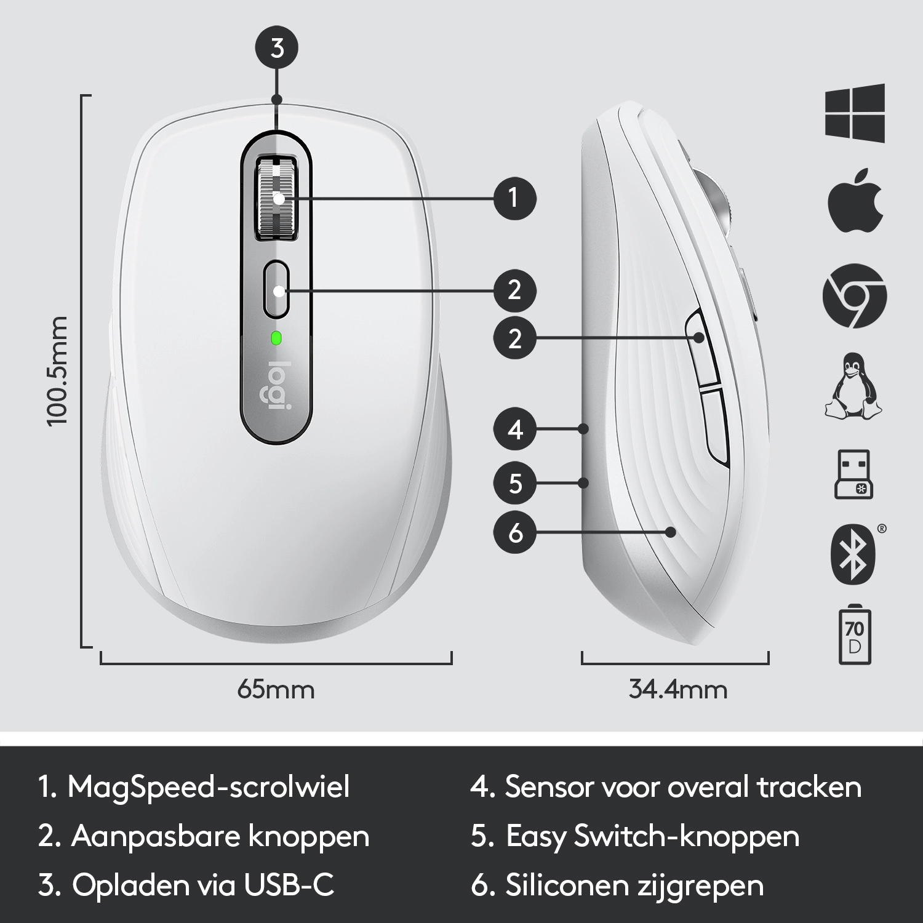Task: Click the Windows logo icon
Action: pyautogui.click(x=855, y=113)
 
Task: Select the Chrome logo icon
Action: pyautogui.click(x=855, y=296)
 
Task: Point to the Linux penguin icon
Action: pyautogui.click(x=854, y=386)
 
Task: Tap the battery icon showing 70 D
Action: pyautogui.click(x=855, y=634)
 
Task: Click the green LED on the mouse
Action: pyautogui.click(x=276, y=338)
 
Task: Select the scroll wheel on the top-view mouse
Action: pyautogui.click(x=276, y=198)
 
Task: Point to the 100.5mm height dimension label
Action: pyautogui.click(x=57, y=371)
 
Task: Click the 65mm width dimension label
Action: pyautogui.click(x=276, y=689)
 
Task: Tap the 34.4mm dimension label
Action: pyautogui.click(x=677, y=689)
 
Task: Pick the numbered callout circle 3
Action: pyautogui.click(x=277, y=47)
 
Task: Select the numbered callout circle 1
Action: pyautogui.click(x=515, y=198)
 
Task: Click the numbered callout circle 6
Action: pyautogui.click(x=515, y=532)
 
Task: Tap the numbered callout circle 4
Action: pyautogui.click(x=515, y=430)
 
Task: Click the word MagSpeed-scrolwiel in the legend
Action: pyautogui.click(x=209, y=787)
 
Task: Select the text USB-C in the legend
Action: pyautogui.click(x=289, y=885)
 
